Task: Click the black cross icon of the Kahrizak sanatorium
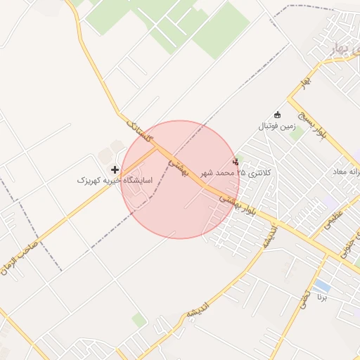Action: pos(115,169)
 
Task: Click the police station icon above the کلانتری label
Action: pos(235,162)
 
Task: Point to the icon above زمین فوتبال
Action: pos(277,115)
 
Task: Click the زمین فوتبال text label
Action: pos(276,127)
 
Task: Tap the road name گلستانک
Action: pos(139,131)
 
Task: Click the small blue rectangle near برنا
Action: pos(322,285)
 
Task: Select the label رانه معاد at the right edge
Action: pos(344,172)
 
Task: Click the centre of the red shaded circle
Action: pos(180,179)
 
